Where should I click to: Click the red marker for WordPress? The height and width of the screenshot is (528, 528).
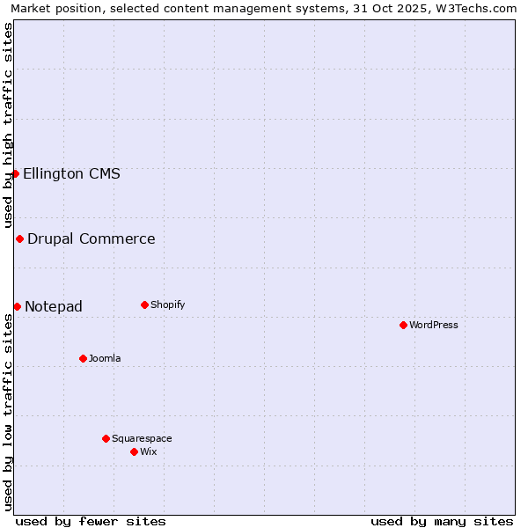403,325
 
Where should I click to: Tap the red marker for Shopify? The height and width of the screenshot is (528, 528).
144,304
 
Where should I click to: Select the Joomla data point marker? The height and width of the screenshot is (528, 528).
83,358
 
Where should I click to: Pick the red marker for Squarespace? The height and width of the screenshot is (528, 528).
106,438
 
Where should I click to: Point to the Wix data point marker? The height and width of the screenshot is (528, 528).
134,451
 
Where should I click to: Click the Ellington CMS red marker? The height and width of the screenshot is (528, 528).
15,173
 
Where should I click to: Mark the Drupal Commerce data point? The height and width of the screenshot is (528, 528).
19,238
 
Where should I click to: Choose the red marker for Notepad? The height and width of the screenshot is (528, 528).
17,306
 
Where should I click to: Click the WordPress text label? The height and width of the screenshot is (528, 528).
434,325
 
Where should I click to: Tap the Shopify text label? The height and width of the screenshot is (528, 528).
168,304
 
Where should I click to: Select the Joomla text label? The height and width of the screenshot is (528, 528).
105,358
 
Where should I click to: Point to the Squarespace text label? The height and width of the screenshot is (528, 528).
142,438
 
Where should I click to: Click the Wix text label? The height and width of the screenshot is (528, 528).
149,451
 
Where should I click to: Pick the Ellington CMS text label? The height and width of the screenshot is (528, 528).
71,173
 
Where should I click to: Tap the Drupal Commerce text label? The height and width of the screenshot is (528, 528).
92,238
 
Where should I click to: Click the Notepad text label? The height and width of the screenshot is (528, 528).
54,306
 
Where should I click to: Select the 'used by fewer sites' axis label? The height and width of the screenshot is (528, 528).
91,521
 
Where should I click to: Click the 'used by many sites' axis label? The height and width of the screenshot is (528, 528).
442,521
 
